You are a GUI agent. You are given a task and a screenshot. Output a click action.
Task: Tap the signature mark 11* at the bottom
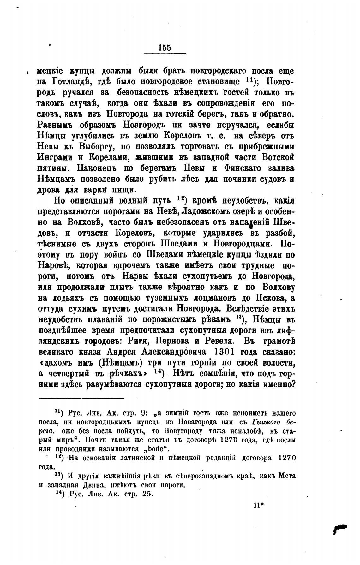[258, 505]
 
